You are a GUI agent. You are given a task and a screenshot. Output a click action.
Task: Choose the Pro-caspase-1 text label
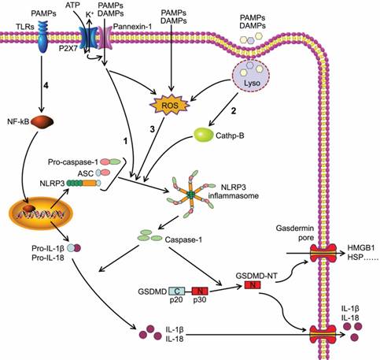pos(66,161)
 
